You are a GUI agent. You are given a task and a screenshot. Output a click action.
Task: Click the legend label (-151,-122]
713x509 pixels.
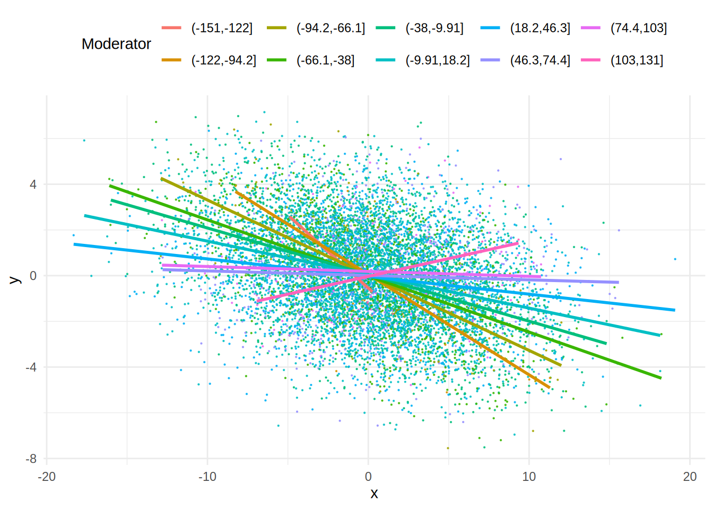pos(222,28)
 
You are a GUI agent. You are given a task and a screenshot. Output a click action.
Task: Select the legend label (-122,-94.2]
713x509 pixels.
pos(223,60)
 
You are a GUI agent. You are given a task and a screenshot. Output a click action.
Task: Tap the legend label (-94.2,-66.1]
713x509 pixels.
pos(331,28)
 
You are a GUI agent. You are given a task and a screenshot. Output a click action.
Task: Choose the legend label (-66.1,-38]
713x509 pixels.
pos(325,60)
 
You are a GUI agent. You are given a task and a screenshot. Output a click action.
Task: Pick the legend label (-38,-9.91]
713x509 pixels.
pos(434,28)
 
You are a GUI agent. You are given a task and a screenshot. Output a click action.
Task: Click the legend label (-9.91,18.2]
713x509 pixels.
pos(437,60)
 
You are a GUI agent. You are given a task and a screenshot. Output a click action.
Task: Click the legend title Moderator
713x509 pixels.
pos(116,44)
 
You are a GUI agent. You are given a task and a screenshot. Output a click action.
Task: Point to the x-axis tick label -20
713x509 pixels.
pos(47,477)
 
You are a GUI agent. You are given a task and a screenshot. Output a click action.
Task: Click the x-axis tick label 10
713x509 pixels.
pos(529,477)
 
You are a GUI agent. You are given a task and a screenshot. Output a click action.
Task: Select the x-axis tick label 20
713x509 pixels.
pos(690,477)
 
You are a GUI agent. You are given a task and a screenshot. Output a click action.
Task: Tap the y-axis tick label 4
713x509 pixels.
pos(33,185)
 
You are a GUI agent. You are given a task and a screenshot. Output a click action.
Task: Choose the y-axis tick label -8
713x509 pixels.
pos(31,459)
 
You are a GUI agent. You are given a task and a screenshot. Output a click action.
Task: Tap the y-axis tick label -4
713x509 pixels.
pos(31,367)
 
